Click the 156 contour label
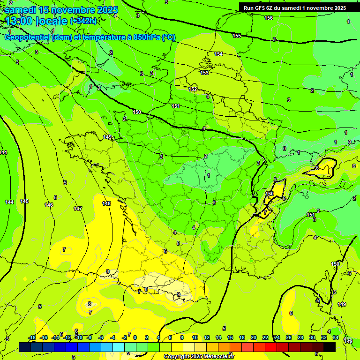pyautogui.click(x=269, y=18)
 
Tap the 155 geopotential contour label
pyautogui.click(x=237, y=36)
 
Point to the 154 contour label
pyautogui.click(x=218, y=54)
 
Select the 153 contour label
pyautogui.click(x=204, y=73)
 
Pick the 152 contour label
pyautogui.click(x=193, y=89)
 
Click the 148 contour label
pyautogui.click(x=106, y=203)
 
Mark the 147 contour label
pyautogui.click(x=78, y=209)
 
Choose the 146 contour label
pyautogui.click(x=49, y=205)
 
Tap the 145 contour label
pyautogui.click(x=24, y=201)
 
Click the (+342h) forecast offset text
pyautogui.click(x=83, y=21)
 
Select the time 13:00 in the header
pyautogui.click(x=19, y=21)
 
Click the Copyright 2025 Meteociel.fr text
pyautogui.click(x=199, y=357)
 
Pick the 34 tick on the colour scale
pyautogui.click(x=336, y=337)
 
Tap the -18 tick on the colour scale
pyautogui.click(x=32, y=337)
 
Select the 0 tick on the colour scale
pyautogui.click(x=135, y=337)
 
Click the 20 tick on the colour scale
pyautogui.click(x=254, y=337)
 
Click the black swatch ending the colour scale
pyautogui.click(x=330, y=347)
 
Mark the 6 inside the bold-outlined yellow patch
pyautogui.click(x=317, y=168)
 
